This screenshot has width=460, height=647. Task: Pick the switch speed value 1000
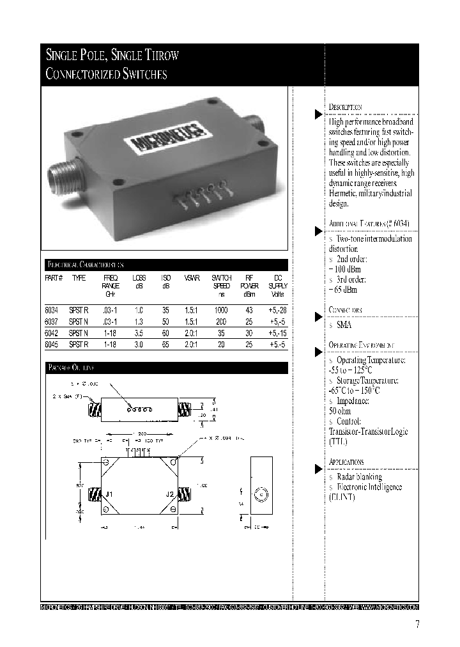pyautogui.click(x=221, y=309)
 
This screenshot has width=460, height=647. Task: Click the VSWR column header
pyautogui.click(x=192, y=278)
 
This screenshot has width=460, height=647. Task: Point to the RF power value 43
pyautogui.click(x=249, y=309)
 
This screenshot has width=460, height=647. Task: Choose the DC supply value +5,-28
pyautogui.click(x=277, y=309)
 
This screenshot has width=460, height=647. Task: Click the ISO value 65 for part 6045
pyautogui.click(x=165, y=344)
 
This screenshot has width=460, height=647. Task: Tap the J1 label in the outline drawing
pyautogui.click(x=109, y=494)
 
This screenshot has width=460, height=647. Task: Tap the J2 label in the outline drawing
pyautogui.click(x=169, y=494)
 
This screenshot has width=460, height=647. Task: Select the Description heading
pyautogui.click(x=346, y=107)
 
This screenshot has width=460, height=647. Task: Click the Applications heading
pyautogui.click(x=346, y=462)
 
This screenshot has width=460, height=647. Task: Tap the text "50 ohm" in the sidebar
pyautogui.click(x=340, y=411)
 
